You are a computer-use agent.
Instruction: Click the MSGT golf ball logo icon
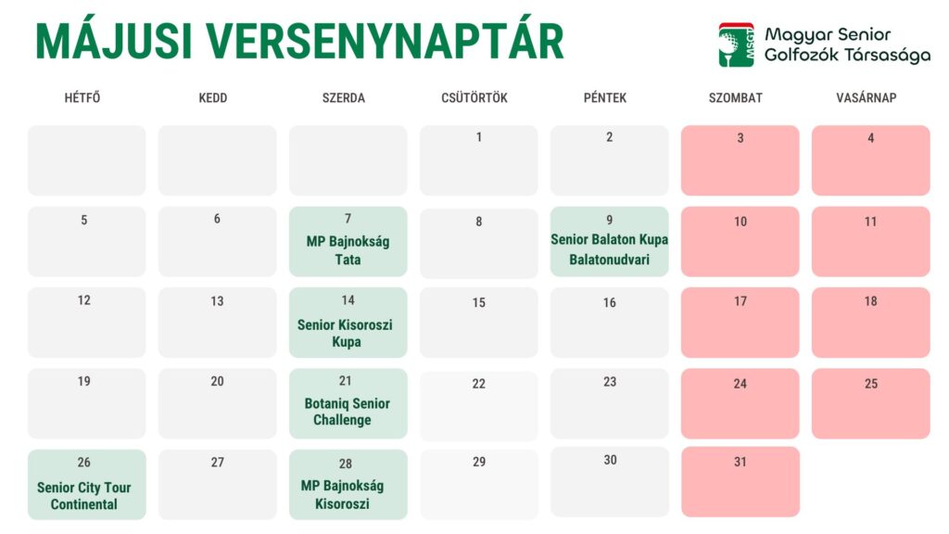[x=736, y=44]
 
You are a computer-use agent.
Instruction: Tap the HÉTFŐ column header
[x=82, y=97]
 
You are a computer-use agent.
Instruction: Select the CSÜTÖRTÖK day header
[x=474, y=97]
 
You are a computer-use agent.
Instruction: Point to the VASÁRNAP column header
[x=867, y=97]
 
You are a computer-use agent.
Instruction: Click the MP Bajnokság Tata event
[x=348, y=250]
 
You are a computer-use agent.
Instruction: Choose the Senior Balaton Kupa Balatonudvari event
[x=610, y=249]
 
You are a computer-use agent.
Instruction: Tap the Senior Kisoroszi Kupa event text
[x=345, y=333]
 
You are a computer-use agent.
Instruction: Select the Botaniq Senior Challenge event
[x=347, y=412]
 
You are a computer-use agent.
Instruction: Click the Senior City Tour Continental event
[x=84, y=496]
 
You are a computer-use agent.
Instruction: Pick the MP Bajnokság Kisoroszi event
[x=343, y=495]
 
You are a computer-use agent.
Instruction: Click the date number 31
[x=740, y=462]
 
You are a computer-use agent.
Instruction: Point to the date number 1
[x=479, y=137]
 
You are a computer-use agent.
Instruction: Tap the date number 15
[x=479, y=303]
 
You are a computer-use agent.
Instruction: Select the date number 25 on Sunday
[x=871, y=384]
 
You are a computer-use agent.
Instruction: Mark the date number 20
[x=217, y=381]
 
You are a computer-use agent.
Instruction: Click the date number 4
[x=871, y=138]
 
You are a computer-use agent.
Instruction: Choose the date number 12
[x=84, y=300]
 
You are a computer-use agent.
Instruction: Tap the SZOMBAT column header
[x=735, y=97]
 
